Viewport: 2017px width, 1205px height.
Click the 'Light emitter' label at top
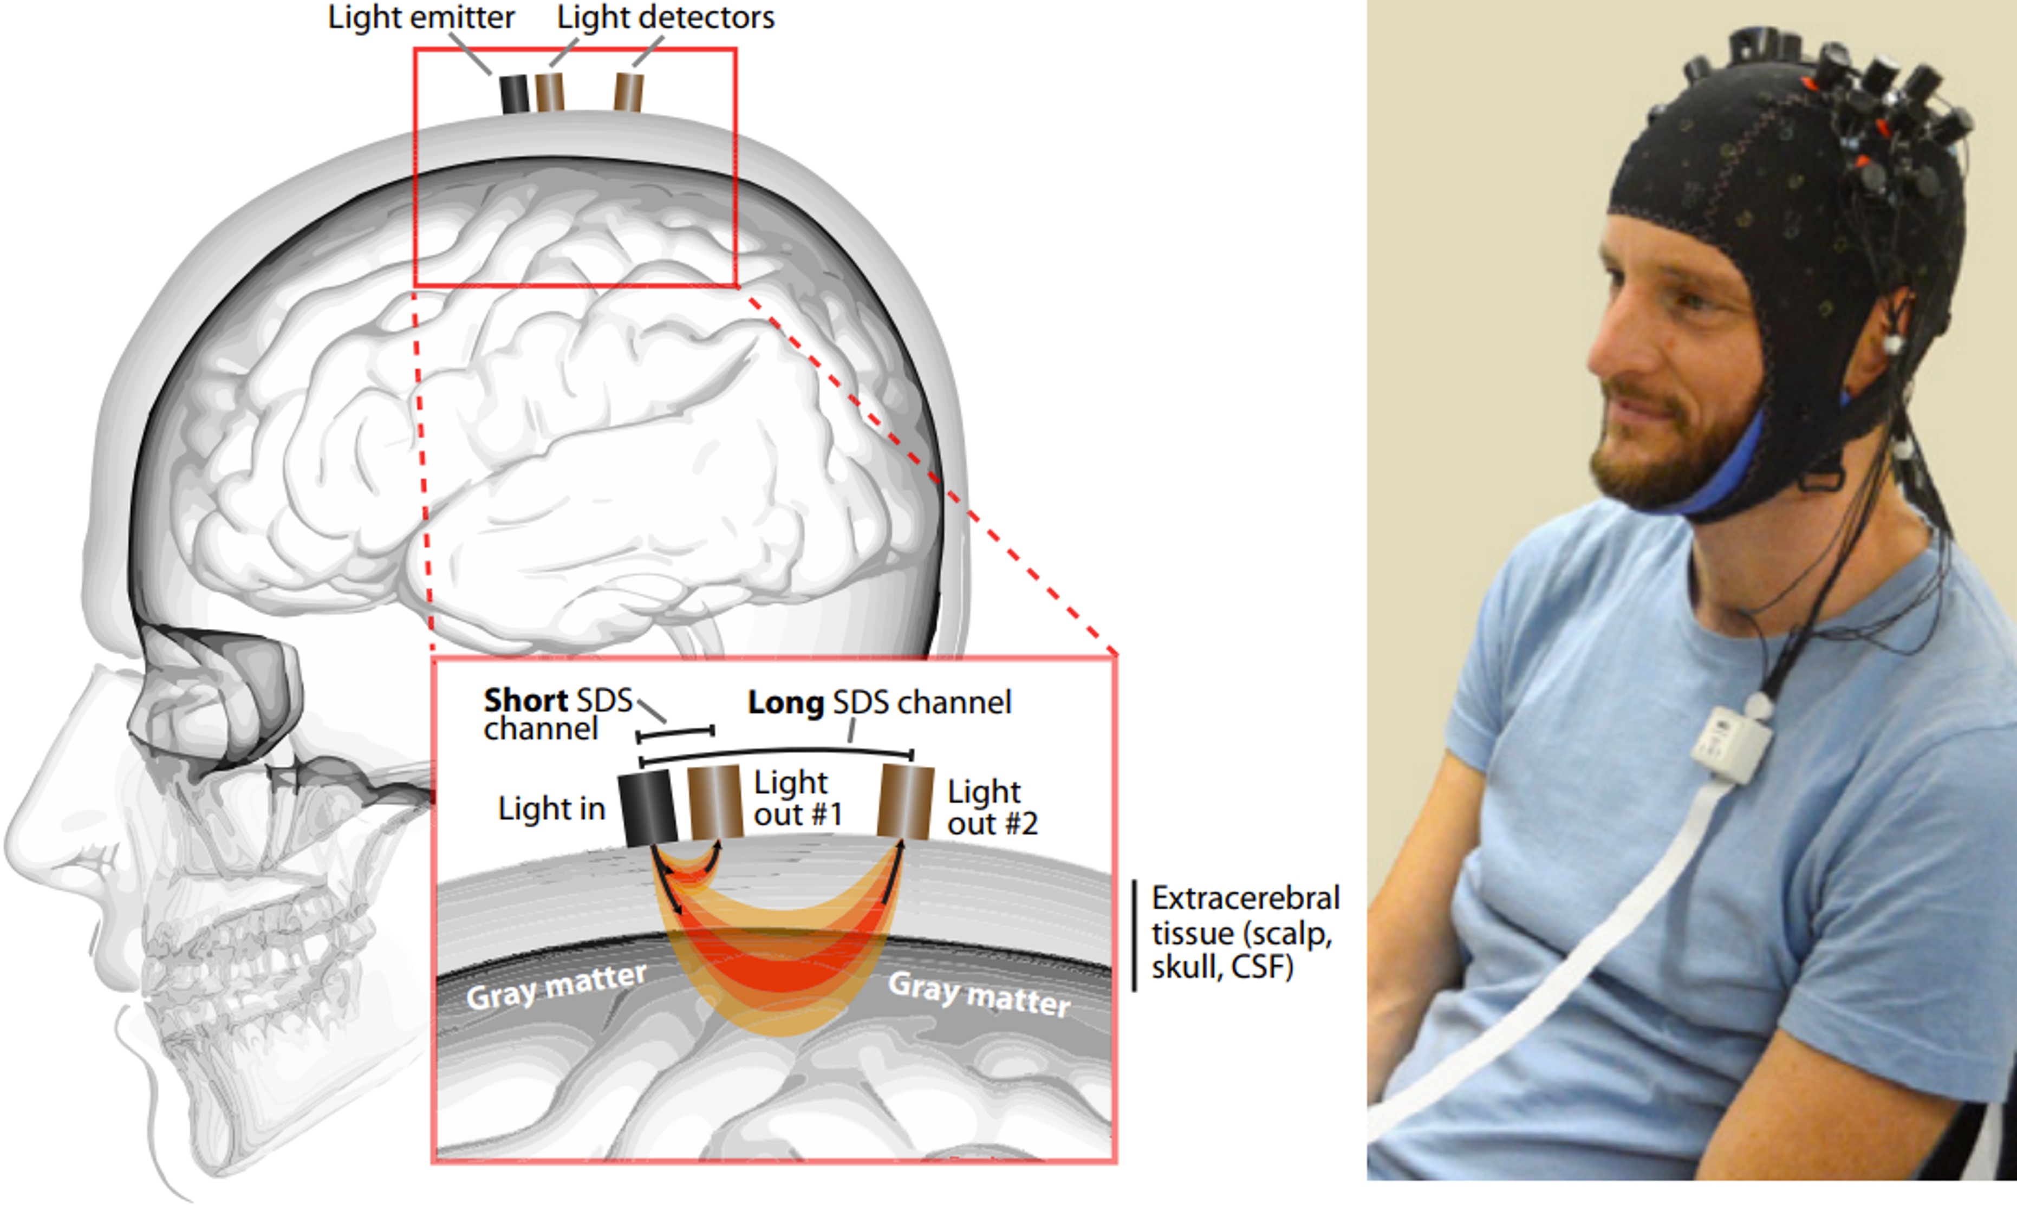(421, 18)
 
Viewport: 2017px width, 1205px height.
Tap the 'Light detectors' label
(665, 18)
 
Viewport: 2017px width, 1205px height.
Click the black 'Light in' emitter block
(647, 808)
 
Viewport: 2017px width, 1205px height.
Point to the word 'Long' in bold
(785, 703)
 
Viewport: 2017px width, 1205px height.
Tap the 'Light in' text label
(551, 809)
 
